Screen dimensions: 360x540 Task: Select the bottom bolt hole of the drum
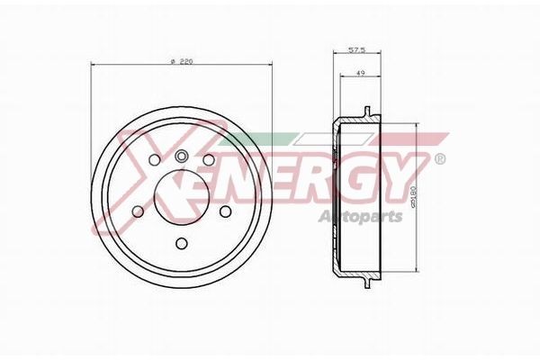181,242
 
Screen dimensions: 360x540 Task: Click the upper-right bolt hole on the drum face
209,160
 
